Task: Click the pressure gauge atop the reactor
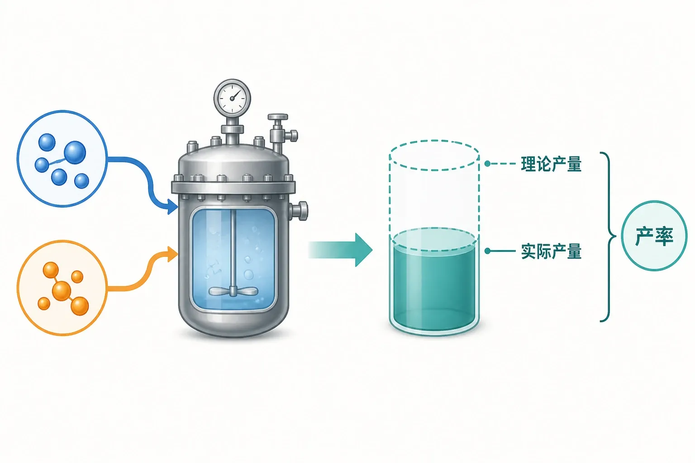tap(232, 97)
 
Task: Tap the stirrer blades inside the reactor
tap(233, 291)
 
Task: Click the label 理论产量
tap(551, 164)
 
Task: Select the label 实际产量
tap(551, 251)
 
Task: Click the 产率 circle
tap(654, 236)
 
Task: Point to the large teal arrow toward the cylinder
tap(340, 250)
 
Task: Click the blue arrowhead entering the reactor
tap(172, 206)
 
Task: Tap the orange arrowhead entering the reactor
tap(172, 254)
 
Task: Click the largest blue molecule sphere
tap(75, 152)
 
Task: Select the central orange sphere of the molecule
tap(62, 291)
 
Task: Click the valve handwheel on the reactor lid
tap(278, 117)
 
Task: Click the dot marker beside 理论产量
tap(487, 163)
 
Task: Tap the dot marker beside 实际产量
tap(487, 251)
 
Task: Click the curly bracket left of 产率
tap(608, 237)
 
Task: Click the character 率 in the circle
tap(664, 236)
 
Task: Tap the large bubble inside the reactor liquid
tap(248, 274)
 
